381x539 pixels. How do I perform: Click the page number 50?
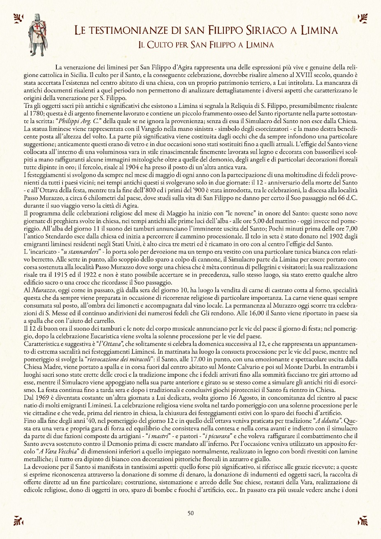click(190, 513)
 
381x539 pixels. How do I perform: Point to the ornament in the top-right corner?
click(363, 18)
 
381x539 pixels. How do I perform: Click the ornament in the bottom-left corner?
click(18, 520)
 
